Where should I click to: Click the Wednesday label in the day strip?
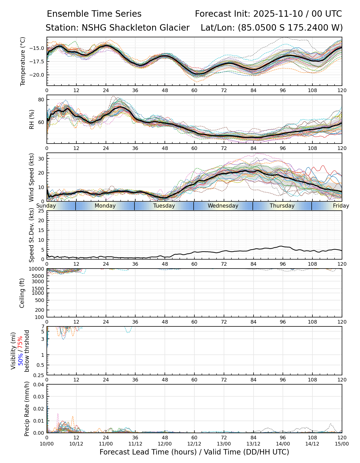pyautogui.click(x=223, y=206)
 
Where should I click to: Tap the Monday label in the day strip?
pyautogui.click(x=105, y=206)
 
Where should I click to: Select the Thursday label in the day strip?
pyautogui.click(x=282, y=206)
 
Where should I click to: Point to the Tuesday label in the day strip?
pyautogui.click(x=164, y=206)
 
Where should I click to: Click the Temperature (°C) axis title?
pyautogui.click(x=23, y=61)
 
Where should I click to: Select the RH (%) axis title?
pyautogui.click(x=32, y=119)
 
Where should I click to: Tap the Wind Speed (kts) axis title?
pyautogui.click(x=32, y=177)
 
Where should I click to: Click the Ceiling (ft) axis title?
pyautogui.click(x=22, y=293)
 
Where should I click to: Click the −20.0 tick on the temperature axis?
pyautogui.click(x=38, y=75)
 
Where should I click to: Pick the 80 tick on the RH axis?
pyautogui.click(x=41, y=100)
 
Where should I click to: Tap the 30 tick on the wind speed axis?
pyautogui.click(x=41, y=159)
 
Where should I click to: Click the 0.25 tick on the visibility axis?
pyautogui.click(x=39, y=375)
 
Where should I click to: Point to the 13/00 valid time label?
pyautogui.click(x=224, y=444)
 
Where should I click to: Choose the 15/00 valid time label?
pyautogui.click(x=342, y=444)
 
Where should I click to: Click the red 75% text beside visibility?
pyautogui.click(x=20, y=343)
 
